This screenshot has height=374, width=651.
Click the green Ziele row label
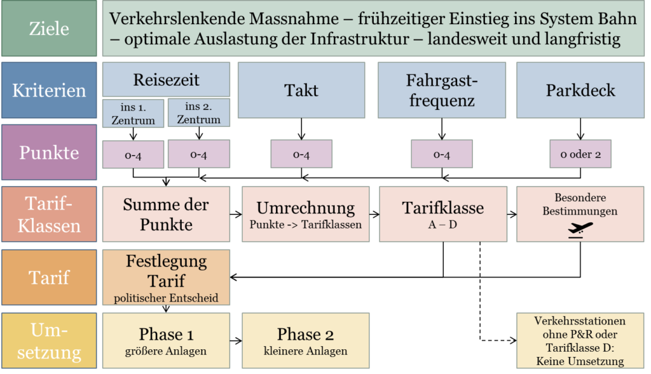[49, 29]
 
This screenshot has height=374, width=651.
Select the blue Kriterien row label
[49, 90]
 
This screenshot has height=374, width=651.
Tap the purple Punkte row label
[49, 152]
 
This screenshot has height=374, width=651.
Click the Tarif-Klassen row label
[49, 214]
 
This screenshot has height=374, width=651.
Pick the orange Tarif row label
[49, 277]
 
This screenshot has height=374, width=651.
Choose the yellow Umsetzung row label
[49, 341]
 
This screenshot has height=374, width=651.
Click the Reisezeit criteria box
[166, 80]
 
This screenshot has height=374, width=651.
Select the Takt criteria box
[301, 90]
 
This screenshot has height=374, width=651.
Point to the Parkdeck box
[580, 90]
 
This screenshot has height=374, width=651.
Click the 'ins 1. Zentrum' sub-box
[133, 113]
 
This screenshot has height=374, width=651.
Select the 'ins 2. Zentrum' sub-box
[198, 113]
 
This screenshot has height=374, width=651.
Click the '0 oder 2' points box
[580, 154]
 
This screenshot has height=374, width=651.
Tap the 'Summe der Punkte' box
[166, 214]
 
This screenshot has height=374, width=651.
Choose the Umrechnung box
[305, 214]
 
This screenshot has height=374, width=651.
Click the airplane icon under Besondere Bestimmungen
[580, 229]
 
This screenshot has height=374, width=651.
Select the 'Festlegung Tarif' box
[166, 277]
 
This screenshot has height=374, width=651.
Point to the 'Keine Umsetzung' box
[580, 341]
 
